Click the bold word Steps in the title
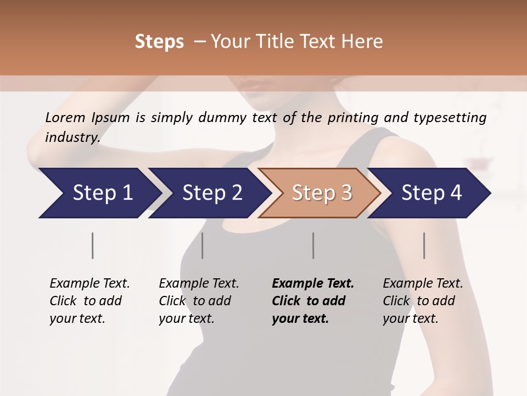(x=159, y=42)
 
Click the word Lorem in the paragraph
(x=65, y=118)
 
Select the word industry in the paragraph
(x=72, y=137)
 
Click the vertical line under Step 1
(x=93, y=245)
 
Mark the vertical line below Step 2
(x=203, y=245)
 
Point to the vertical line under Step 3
(x=313, y=245)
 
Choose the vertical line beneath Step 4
(x=424, y=245)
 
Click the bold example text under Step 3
(x=313, y=301)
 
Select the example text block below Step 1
(x=89, y=301)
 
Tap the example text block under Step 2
(x=199, y=301)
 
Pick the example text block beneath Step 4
(x=423, y=301)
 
